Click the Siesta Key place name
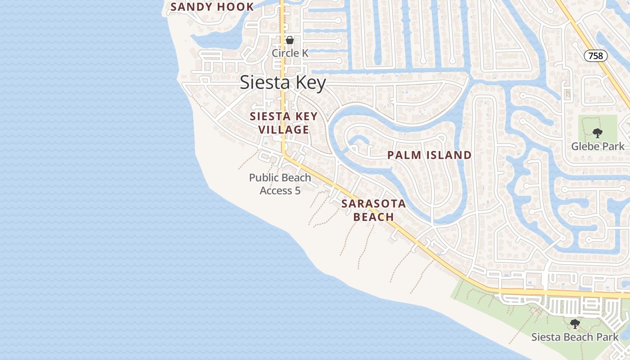[283, 83]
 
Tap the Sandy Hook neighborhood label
[212, 7]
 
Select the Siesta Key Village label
[283, 123]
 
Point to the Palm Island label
[429, 155]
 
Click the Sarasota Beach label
[373, 210]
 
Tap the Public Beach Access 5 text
[280, 184]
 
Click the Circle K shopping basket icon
[290, 40]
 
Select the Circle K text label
[290, 53]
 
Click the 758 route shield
[596, 56]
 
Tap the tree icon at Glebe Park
[598, 133]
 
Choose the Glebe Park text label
[598, 146]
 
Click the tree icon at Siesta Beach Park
[575, 324]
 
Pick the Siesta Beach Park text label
[575, 337]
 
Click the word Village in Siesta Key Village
[283, 130]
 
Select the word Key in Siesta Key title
[310, 83]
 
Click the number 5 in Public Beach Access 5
[297, 191]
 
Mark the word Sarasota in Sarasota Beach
[373, 203]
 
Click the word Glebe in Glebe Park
[585, 146]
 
